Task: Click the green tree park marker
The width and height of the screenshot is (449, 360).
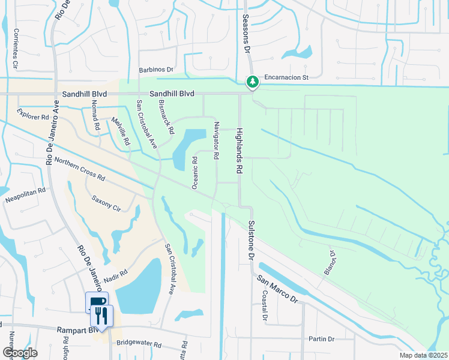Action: coord(253,82)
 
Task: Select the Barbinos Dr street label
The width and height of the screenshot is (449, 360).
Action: coord(156,70)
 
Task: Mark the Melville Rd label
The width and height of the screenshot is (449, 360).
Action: coord(121,131)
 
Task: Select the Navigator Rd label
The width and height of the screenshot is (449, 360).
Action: coord(216,140)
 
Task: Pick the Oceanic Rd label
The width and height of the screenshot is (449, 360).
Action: coord(194,173)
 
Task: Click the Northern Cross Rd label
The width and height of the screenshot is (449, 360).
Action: coord(79,170)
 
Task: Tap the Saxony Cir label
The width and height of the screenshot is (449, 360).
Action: coord(106,202)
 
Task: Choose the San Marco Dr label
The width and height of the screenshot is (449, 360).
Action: coord(277,289)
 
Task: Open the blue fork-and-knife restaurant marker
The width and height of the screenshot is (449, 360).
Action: coord(101,314)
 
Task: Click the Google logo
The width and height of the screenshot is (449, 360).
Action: coord(20,353)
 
